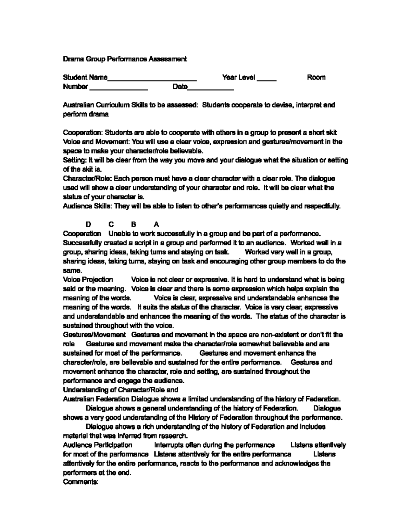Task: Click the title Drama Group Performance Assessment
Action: pyautogui.click(x=125, y=59)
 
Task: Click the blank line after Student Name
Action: pyautogui.click(x=152, y=79)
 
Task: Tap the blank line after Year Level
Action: pyautogui.click(x=266, y=79)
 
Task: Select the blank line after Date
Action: pyautogui.click(x=211, y=89)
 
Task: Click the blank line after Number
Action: pyautogui.click(x=119, y=89)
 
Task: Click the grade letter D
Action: pyautogui.click(x=88, y=224)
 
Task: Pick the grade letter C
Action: pyautogui.click(x=111, y=224)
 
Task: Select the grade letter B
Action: pyautogui.click(x=134, y=224)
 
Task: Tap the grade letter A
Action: pyautogui.click(x=157, y=224)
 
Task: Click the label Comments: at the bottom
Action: pyautogui.click(x=81, y=482)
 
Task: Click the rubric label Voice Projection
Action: pyautogui.click(x=88, y=280)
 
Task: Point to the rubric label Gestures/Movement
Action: pyautogui.click(x=95, y=335)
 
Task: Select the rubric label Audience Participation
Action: pyautogui.click(x=98, y=445)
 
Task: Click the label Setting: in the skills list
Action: pyautogui.click(x=75, y=160)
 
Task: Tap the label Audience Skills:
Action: pyautogui.click(x=88, y=206)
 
